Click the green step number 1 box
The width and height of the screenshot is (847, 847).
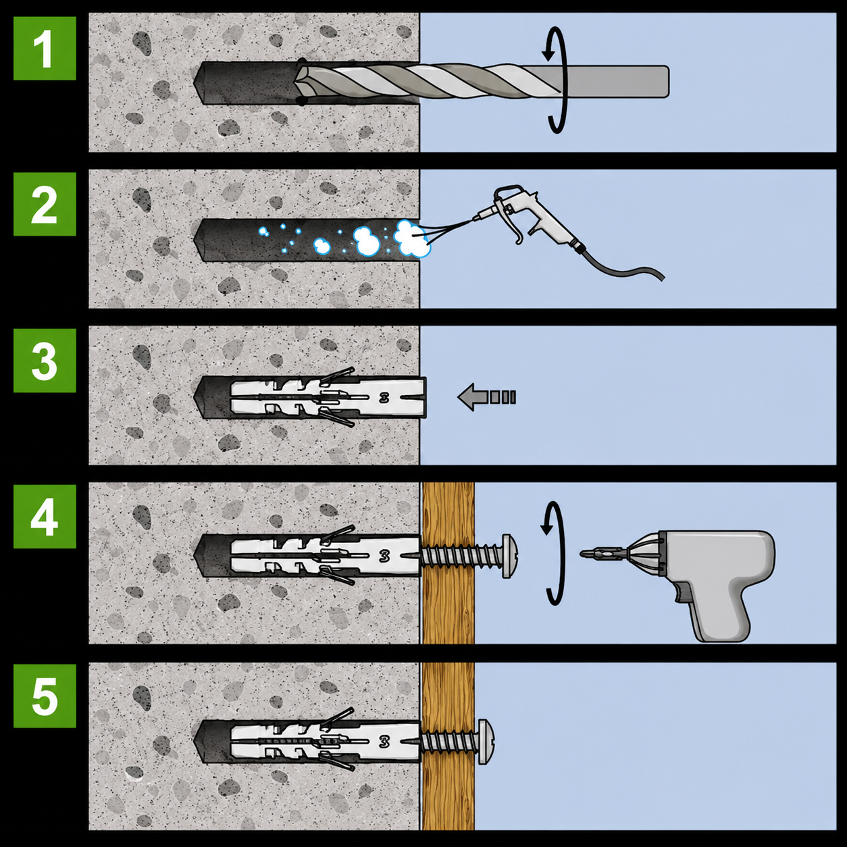(45, 49)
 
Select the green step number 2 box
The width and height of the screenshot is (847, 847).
(45, 204)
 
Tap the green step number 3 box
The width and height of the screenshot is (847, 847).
(45, 361)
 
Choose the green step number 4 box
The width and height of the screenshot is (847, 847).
(45, 517)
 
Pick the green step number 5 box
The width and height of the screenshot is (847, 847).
(45, 696)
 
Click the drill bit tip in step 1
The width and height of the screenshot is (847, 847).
(297, 82)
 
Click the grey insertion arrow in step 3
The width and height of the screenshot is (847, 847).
(486, 396)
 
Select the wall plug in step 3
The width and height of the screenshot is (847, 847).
(328, 397)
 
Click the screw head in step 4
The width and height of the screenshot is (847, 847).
(510, 556)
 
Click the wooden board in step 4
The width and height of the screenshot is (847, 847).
(448, 563)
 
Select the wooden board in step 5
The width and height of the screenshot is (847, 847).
(448, 746)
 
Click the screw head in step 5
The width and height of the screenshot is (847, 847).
(486, 742)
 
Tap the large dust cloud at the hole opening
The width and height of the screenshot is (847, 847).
(412, 239)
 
